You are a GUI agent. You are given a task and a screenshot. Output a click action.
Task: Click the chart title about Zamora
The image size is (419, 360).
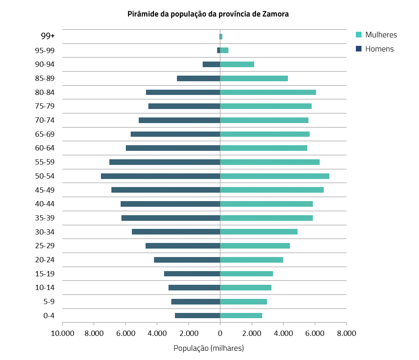pos(208,14)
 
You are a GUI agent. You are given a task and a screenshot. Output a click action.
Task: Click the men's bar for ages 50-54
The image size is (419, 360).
pos(160,176)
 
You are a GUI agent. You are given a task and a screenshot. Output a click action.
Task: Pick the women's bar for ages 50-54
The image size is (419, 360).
pos(275,176)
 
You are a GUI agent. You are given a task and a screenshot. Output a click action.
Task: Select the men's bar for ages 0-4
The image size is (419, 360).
pos(197,316)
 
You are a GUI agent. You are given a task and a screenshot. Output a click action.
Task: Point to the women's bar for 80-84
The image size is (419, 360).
pos(268,93)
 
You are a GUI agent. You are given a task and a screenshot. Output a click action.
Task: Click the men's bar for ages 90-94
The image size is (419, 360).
pos(211,64)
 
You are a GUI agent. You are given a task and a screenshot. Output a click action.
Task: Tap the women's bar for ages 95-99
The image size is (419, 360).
pos(224,50)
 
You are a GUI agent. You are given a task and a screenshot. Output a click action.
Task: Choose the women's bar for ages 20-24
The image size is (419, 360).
pos(251,260)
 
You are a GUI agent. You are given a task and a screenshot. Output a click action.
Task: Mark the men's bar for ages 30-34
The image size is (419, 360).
pos(176,232)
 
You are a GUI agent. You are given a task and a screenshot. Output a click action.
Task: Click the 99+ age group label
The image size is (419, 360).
pos(48,36)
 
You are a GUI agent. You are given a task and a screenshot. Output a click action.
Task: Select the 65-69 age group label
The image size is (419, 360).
pos(45,134)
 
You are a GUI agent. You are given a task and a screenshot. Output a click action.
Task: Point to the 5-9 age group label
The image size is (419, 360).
pos(49,302)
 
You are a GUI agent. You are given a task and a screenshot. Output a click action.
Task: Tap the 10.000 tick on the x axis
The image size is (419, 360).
pos(62,333)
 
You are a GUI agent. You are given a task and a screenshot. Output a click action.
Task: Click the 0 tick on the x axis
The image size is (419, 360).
pos(220,333)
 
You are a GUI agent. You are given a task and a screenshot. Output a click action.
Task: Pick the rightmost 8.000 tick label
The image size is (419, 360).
pos(346,333)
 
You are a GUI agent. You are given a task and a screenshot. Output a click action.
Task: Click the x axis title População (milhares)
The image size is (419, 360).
pos(209,348)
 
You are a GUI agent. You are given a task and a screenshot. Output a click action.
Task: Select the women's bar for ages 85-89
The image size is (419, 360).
pos(254,78)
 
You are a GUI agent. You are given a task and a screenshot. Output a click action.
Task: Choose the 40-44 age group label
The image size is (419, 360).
pos(45,204)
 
